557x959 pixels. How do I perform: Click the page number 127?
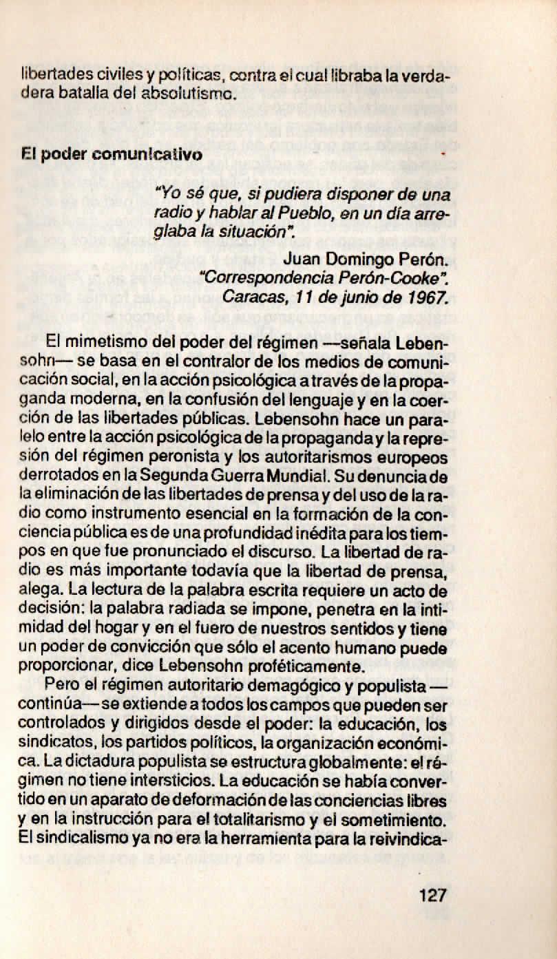(x=432, y=896)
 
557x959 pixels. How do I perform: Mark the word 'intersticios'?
(x=185, y=763)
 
